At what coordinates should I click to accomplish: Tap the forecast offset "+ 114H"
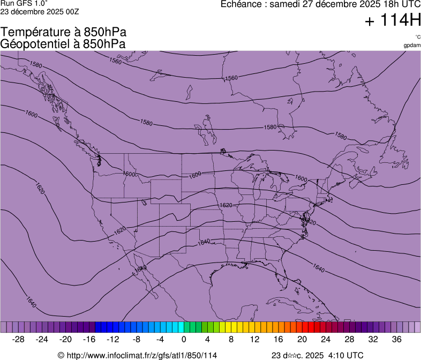tap(392, 21)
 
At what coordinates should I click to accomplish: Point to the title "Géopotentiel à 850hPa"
tap(63, 44)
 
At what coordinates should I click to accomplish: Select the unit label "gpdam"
tap(411, 45)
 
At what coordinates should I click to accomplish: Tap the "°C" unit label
tap(417, 37)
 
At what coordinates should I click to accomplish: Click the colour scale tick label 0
tap(184, 339)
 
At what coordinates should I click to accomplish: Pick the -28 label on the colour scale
tap(19, 339)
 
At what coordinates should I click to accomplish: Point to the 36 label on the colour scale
tap(396, 339)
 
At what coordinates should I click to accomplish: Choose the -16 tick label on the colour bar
tap(89, 339)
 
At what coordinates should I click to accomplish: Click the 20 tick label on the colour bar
tap(302, 339)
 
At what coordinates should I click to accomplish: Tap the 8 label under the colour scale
tap(231, 339)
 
